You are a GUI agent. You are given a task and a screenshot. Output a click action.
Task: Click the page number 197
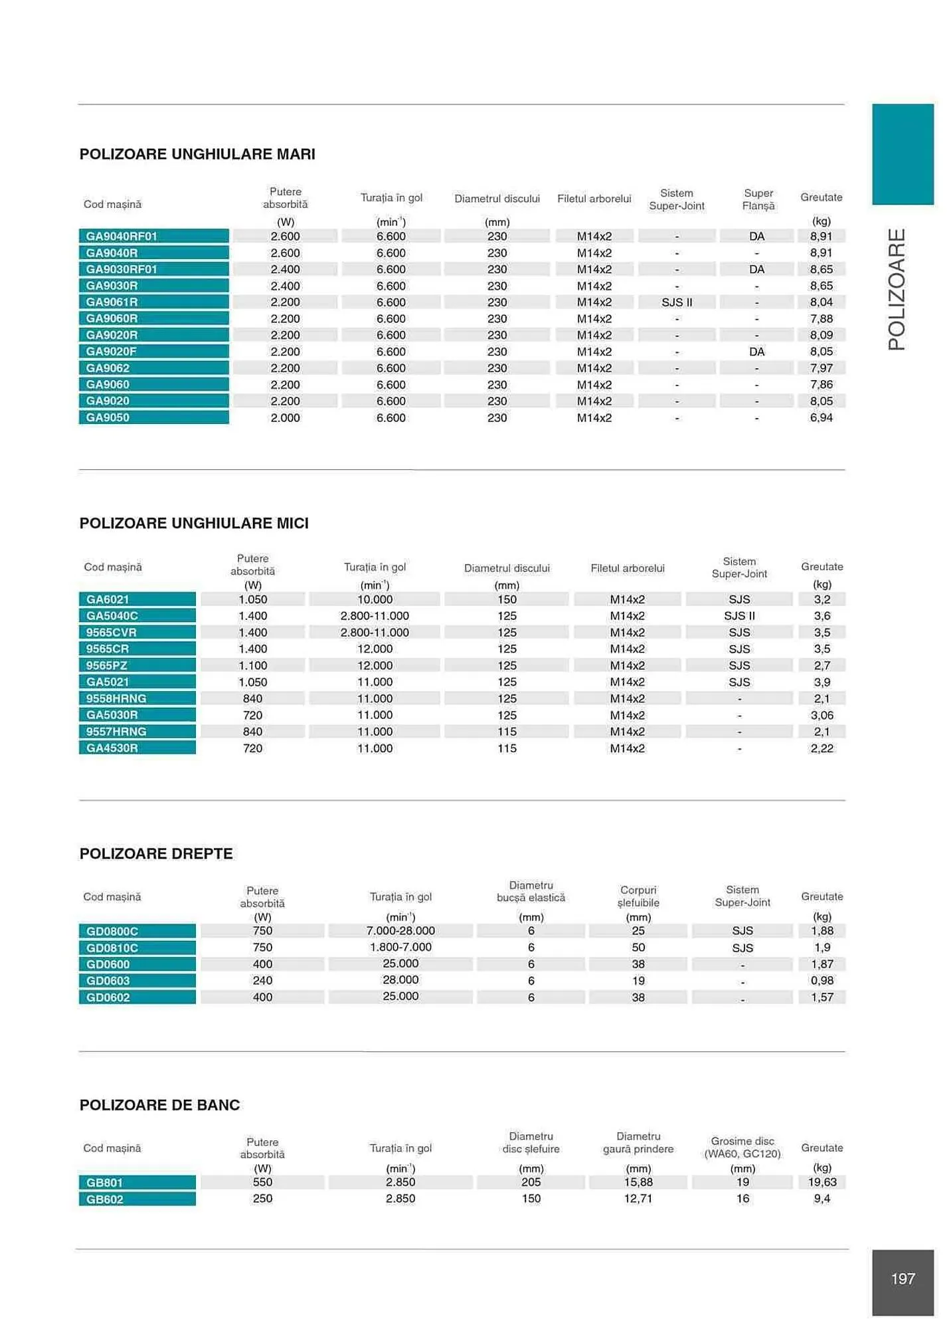click(x=903, y=1278)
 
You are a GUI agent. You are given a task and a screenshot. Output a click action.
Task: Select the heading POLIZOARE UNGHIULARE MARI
click(x=197, y=154)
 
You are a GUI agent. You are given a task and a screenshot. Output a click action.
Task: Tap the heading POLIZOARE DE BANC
click(x=159, y=1104)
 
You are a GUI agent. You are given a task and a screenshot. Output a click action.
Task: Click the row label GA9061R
click(x=112, y=302)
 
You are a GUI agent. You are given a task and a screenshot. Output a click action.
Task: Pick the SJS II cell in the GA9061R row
click(x=677, y=302)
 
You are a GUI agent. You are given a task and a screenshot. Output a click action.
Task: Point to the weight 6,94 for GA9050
click(x=821, y=417)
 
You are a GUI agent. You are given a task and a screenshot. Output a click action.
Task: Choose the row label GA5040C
click(x=112, y=616)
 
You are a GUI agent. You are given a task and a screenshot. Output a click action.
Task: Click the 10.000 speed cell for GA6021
click(x=375, y=599)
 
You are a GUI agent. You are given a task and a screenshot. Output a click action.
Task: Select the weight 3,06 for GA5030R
click(x=821, y=715)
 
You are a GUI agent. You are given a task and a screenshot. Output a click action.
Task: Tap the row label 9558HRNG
click(x=116, y=698)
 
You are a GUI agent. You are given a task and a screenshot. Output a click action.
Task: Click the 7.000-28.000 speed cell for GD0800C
click(x=400, y=931)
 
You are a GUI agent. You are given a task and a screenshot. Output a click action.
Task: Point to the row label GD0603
click(x=108, y=981)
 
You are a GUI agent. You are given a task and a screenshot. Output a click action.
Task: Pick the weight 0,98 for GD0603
click(x=821, y=980)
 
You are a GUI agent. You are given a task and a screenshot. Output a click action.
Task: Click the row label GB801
click(x=104, y=1183)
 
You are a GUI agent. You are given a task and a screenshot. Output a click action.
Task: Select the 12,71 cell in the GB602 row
click(x=638, y=1199)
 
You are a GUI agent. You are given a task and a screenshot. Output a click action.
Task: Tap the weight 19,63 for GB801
click(x=821, y=1182)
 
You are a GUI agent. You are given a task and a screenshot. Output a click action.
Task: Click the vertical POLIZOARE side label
click(x=897, y=289)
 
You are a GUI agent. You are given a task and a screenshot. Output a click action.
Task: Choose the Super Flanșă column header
click(x=758, y=199)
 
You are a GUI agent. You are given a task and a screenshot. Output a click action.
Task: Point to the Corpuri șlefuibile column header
click(x=638, y=896)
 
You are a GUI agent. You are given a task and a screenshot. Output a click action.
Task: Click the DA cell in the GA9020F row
click(x=756, y=352)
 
